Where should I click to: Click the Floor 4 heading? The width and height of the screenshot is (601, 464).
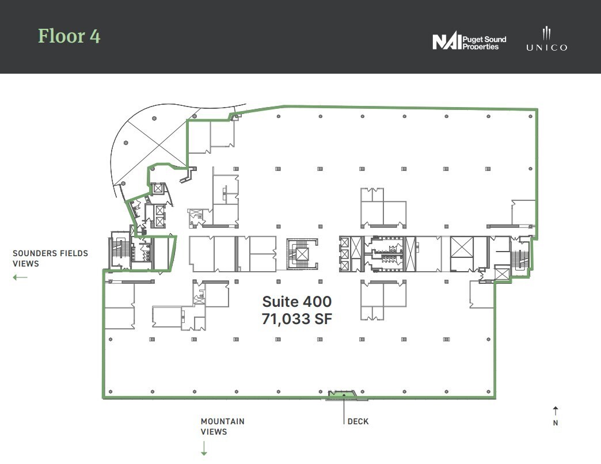69,36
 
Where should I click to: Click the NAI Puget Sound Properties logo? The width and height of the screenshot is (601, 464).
469,42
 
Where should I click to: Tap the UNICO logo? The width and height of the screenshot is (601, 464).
546,39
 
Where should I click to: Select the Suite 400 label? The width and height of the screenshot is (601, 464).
296,301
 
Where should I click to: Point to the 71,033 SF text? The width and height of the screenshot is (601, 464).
296,318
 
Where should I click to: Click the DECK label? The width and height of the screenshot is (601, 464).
358,421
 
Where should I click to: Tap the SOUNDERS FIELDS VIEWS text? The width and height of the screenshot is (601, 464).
50,258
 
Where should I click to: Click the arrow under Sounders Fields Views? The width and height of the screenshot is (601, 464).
20,277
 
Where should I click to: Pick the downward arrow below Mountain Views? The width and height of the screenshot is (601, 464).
204,448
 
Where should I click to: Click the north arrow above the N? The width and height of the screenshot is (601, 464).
555,410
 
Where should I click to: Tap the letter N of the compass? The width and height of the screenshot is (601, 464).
555,423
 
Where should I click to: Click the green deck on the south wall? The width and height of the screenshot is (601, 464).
344,394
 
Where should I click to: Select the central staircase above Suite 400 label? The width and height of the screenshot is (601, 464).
302,253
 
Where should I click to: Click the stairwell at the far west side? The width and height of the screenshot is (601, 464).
119,252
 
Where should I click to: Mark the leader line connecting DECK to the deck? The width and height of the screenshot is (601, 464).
344,409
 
